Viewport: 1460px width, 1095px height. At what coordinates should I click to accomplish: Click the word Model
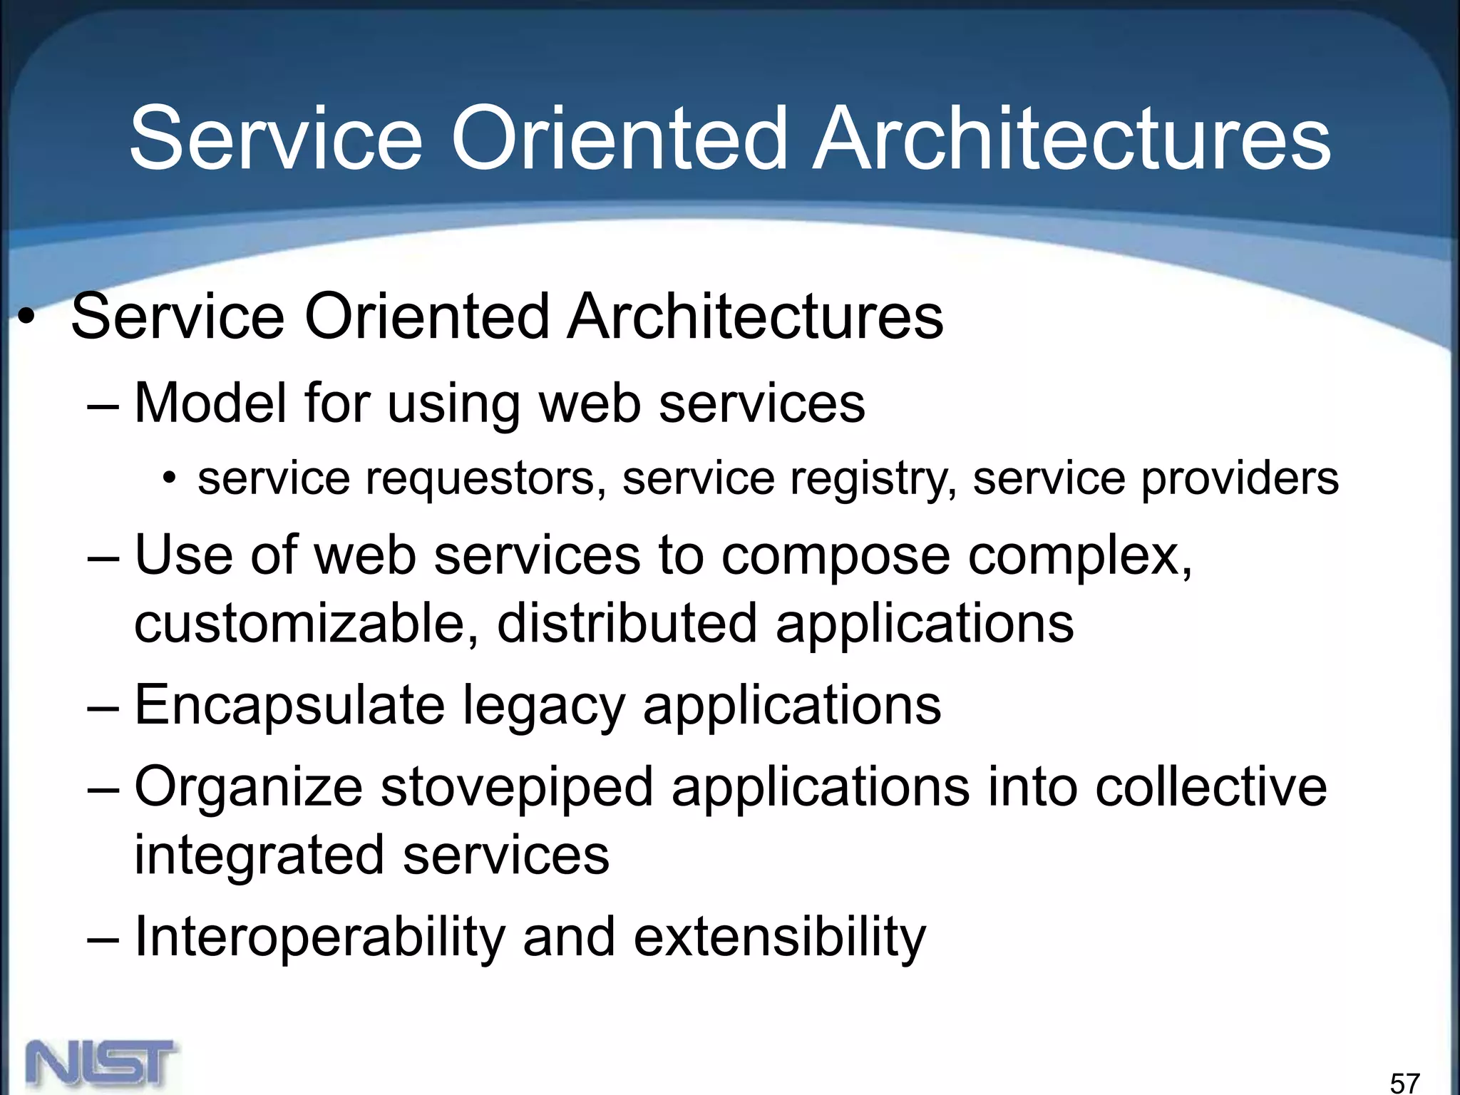210,403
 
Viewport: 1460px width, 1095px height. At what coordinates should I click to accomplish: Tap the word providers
1240,479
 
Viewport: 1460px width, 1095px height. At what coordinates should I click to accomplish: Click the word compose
835,556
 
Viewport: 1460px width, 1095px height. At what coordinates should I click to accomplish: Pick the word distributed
627,623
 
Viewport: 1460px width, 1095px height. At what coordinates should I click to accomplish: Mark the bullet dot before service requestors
169,477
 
